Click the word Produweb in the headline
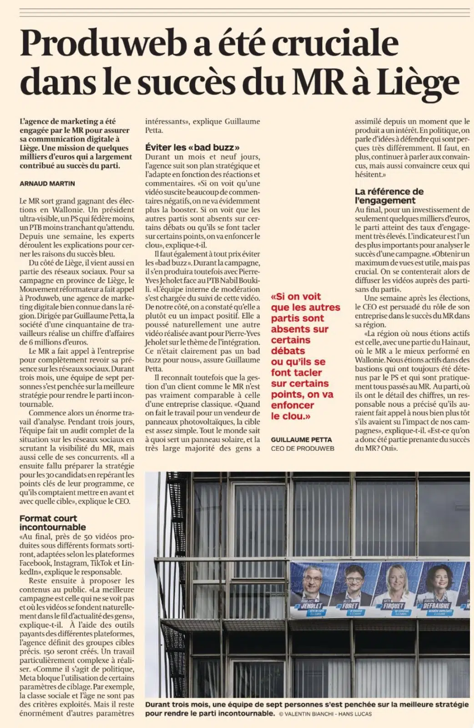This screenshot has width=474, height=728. [104, 44]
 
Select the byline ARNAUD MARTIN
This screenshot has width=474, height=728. [47, 183]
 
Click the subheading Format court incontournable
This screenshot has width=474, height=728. [52, 522]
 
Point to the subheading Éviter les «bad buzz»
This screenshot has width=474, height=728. [192, 147]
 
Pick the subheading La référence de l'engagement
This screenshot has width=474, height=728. [389, 196]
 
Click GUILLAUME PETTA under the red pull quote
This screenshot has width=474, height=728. [301, 440]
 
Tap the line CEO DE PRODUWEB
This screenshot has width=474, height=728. [303, 448]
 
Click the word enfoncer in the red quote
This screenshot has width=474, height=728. [292, 405]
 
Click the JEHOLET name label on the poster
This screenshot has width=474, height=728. [312, 606]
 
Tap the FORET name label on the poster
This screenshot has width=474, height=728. [350, 606]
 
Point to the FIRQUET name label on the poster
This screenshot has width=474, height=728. [393, 606]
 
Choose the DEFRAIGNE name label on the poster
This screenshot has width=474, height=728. [436, 606]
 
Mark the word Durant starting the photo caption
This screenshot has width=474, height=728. [158, 704]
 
